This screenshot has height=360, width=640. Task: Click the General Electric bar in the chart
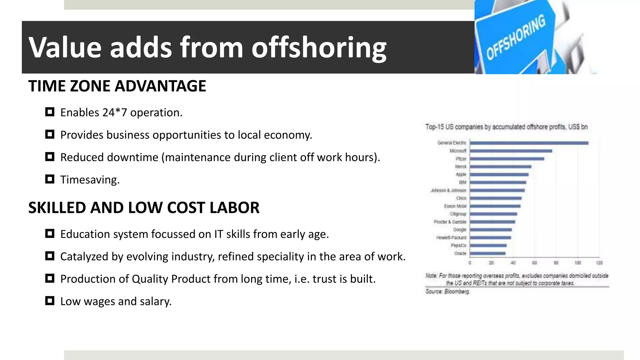(529, 143)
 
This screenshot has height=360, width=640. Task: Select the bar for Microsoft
(511, 151)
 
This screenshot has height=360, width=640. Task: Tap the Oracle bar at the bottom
(487, 253)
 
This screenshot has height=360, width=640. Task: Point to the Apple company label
(461, 174)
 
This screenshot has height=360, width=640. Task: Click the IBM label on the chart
(462, 182)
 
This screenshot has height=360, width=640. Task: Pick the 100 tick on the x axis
(577, 263)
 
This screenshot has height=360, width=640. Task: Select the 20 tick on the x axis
(491, 263)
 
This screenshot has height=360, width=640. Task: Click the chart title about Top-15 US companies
(506, 127)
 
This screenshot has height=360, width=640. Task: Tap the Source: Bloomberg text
(447, 292)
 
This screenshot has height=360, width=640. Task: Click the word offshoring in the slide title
(319, 47)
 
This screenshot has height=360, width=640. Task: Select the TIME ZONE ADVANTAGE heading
(117, 86)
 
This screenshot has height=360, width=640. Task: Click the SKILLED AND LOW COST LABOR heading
(144, 208)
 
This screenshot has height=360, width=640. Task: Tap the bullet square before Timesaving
(50, 179)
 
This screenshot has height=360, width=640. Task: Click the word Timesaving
(90, 180)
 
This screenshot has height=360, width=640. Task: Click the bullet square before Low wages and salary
(50, 301)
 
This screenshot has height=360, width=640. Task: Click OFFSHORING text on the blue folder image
(516, 37)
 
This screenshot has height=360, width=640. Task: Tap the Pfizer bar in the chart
(507, 159)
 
